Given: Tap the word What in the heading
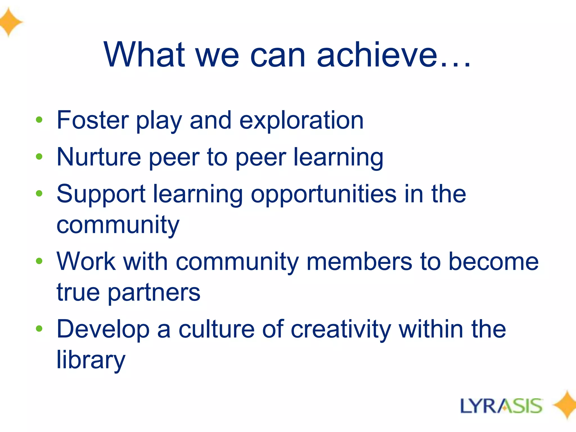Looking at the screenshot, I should pyautogui.click(x=144, y=55).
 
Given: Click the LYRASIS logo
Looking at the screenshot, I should pyautogui.click(x=501, y=406).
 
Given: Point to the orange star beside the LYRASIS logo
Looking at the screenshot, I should pyautogui.click(x=565, y=405).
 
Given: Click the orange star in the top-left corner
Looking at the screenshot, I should pyautogui.click(x=10, y=22).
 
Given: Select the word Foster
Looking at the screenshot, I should pyautogui.click(x=93, y=120).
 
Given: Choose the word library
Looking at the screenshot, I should pyautogui.click(x=91, y=361).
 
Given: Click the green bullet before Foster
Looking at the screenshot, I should pyautogui.click(x=39, y=120).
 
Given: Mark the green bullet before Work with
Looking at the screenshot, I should pyautogui.click(x=39, y=261).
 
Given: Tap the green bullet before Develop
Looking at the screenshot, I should pyautogui.click(x=39, y=328).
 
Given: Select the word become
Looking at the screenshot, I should pyautogui.click(x=493, y=262).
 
